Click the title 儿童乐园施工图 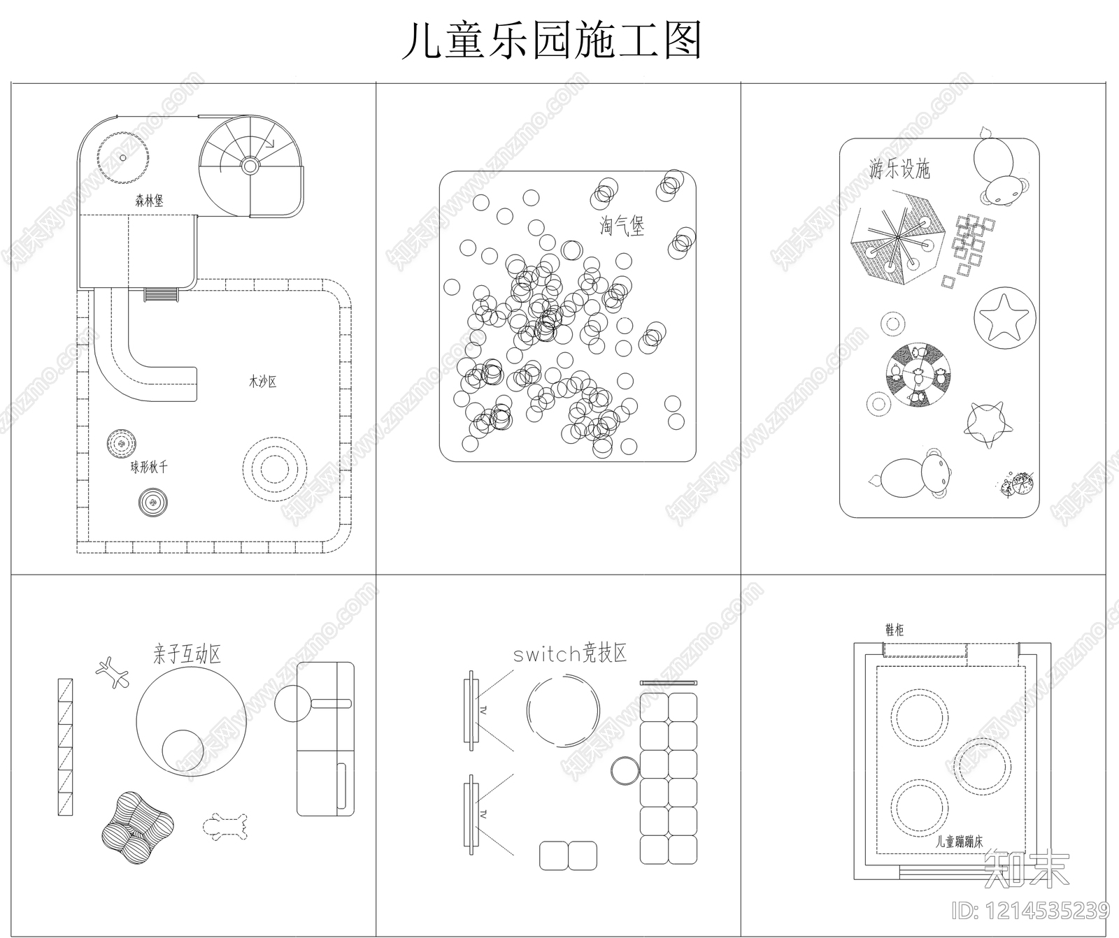(551, 41)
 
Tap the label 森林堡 (149, 201)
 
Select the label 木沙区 (263, 382)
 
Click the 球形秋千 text (149, 467)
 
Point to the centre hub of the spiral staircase (250, 166)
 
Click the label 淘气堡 (622, 226)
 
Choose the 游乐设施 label (899, 169)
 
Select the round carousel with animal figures (918, 373)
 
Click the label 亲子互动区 (187, 654)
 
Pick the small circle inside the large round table (183, 751)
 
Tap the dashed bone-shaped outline (224, 825)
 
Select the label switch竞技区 (570, 654)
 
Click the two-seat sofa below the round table (568, 856)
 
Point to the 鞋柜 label (894, 630)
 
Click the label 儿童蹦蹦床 (960, 842)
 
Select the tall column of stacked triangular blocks (65, 746)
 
